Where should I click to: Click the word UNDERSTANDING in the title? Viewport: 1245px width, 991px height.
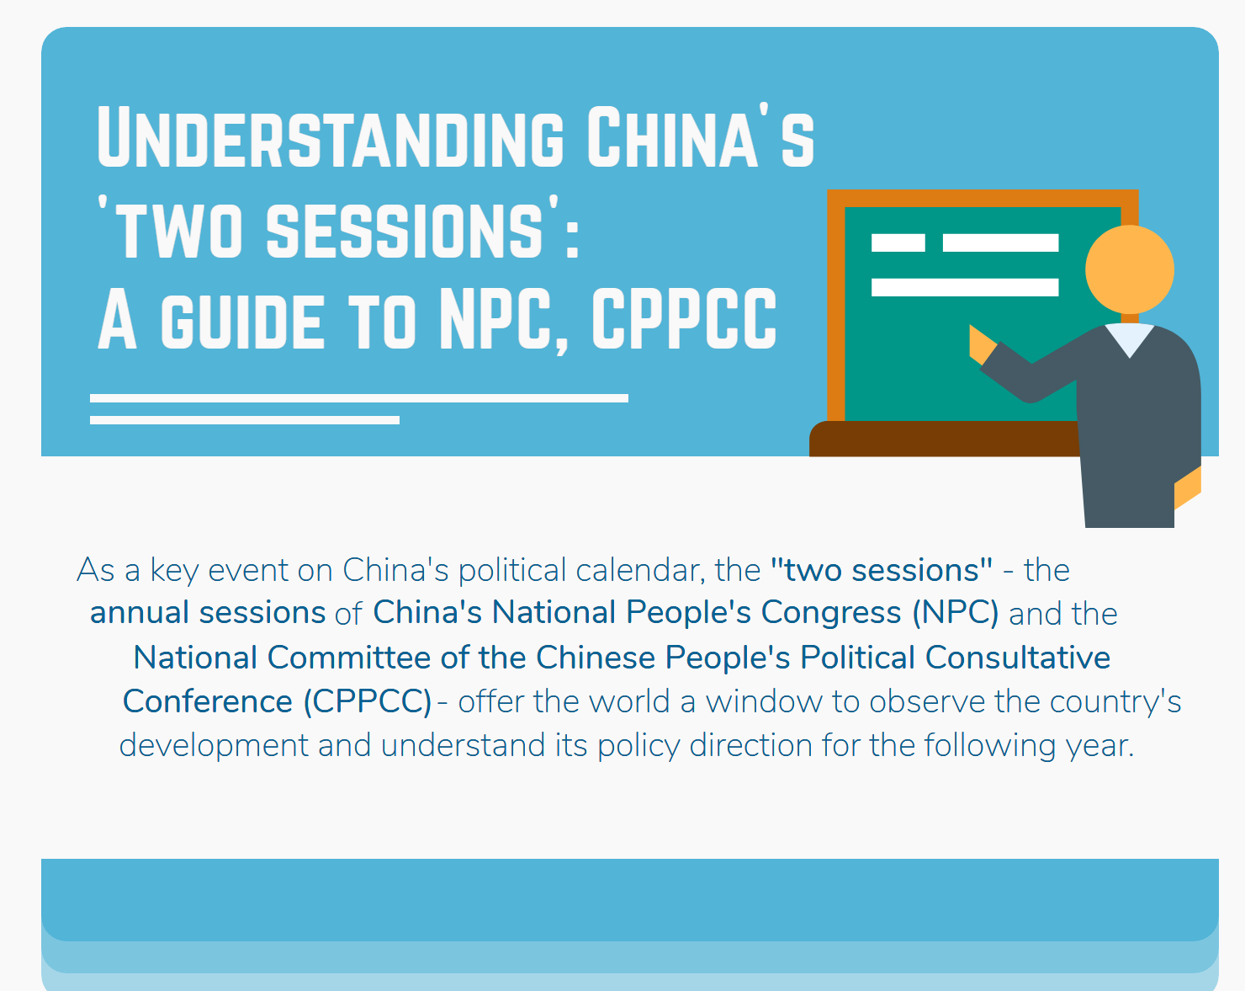point(331,137)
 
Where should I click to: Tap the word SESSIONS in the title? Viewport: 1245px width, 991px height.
point(405,230)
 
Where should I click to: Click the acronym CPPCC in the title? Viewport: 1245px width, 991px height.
point(684,319)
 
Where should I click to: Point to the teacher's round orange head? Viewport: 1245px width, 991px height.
point(1129,269)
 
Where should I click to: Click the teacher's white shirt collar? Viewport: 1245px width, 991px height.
point(1129,339)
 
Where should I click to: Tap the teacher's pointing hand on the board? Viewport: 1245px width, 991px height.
point(982,344)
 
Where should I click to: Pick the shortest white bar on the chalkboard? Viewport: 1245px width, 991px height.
point(898,242)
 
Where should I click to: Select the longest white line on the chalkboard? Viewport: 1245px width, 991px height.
point(965,287)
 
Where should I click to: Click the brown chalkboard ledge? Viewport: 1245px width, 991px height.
point(944,439)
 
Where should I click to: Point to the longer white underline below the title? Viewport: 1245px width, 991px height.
point(358,398)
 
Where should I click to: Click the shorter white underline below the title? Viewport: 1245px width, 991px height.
point(245,420)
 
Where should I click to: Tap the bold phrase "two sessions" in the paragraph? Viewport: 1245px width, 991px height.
point(882,570)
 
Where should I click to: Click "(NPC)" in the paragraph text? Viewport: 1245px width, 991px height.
point(955,613)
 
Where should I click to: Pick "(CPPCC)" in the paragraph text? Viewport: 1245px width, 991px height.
point(368,702)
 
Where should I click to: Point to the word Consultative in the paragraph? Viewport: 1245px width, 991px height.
point(1018,658)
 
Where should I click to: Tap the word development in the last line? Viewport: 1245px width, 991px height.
point(214,745)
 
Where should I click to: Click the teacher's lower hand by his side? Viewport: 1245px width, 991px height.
point(1188,488)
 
